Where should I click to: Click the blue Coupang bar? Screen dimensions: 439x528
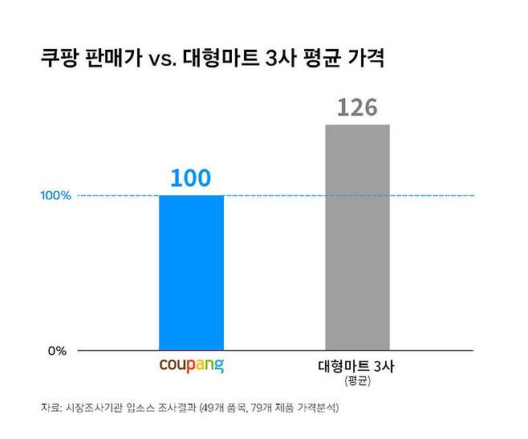192,273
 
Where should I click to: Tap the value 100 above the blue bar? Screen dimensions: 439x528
192,178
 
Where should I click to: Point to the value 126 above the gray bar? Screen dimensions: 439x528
357,108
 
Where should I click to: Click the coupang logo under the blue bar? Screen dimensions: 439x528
192,367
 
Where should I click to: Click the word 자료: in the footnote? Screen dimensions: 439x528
51,408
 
